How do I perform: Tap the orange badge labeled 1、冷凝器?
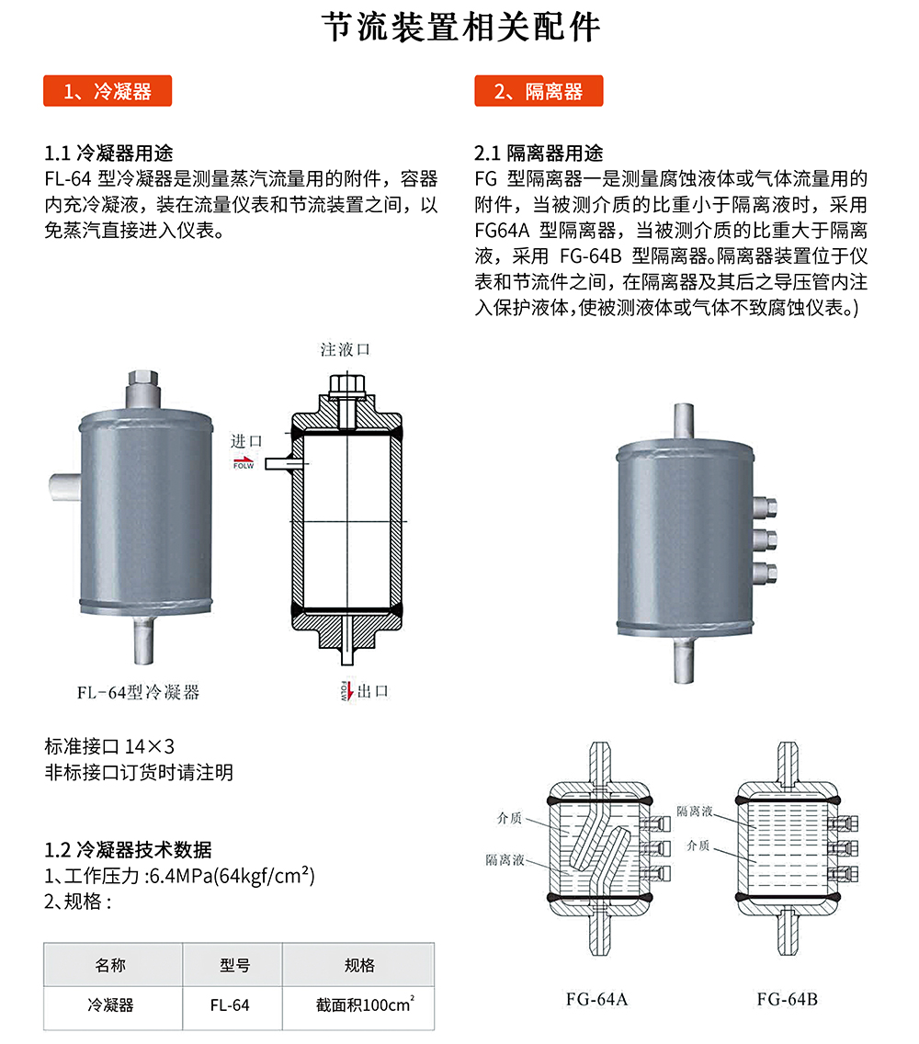108,91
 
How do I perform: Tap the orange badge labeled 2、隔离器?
539,91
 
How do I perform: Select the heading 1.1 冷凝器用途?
108,153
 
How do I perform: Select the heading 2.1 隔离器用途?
539,153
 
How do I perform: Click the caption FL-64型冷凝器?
138,692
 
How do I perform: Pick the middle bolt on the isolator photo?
766,538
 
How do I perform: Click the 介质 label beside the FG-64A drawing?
510,816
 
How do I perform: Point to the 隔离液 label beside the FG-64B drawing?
695,811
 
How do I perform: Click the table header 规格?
358,965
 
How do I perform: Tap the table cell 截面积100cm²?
358,1005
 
